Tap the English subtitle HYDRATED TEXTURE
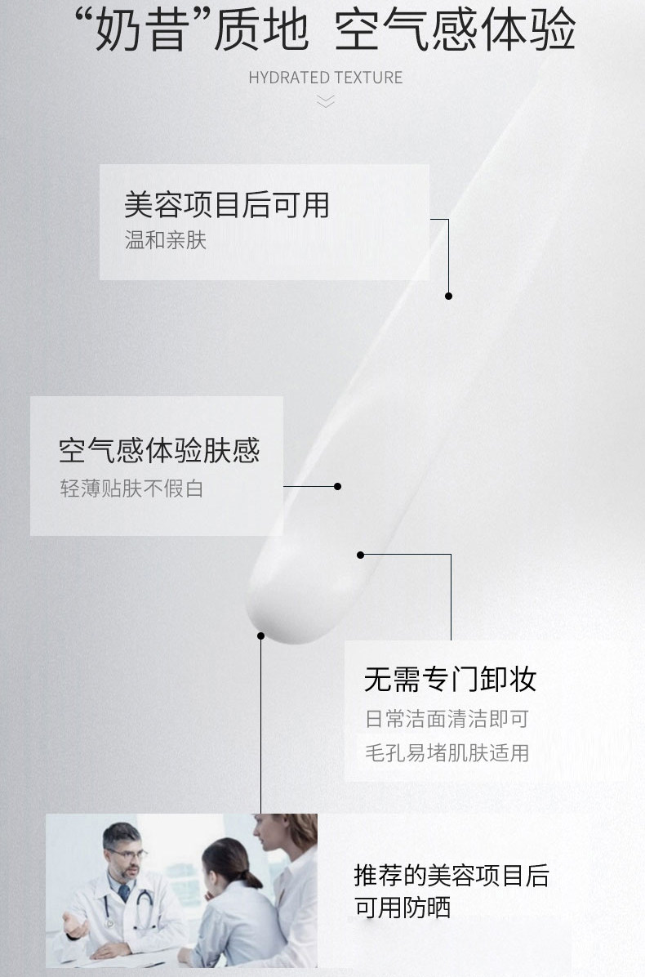point(325,78)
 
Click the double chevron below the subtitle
point(325,101)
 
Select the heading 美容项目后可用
point(226,204)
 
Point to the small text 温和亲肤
point(165,240)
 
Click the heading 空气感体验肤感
point(159,450)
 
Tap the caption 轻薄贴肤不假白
point(131,488)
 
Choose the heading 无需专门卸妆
point(450,678)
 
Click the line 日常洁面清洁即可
point(447,719)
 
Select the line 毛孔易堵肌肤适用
point(447,752)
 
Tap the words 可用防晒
point(402,907)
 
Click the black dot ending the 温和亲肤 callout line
point(448,296)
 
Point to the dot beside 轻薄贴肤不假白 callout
point(337,486)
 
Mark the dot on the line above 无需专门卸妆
point(360,555)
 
